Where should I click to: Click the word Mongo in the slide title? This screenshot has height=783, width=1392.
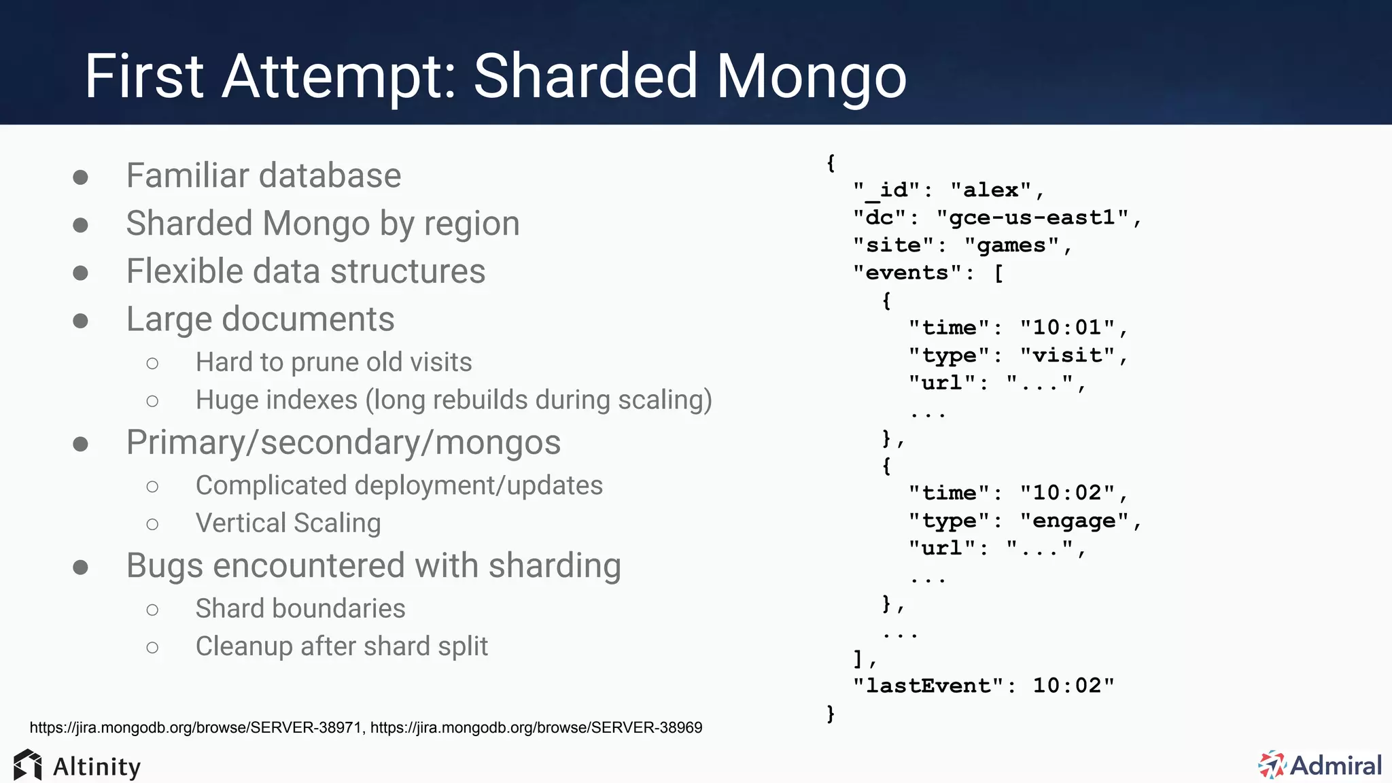(812, 76)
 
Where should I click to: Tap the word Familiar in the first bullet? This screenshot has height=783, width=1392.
(188, 175)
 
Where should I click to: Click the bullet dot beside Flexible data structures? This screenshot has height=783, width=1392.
(80, 273)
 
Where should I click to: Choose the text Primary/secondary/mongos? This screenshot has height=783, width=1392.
(343, 442)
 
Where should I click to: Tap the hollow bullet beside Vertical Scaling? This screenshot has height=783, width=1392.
(152, 524)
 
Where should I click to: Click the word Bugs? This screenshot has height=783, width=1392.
(164, 566)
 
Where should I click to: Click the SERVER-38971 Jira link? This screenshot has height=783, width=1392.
(196, 727)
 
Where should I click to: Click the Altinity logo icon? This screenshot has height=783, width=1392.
(27, 765)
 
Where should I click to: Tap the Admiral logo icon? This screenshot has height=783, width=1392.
(1271, 765)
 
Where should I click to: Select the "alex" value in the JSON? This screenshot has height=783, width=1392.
(991, 190)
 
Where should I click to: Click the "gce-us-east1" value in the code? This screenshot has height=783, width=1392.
(1032, 217)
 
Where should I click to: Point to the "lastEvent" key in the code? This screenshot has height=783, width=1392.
(928, 685)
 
